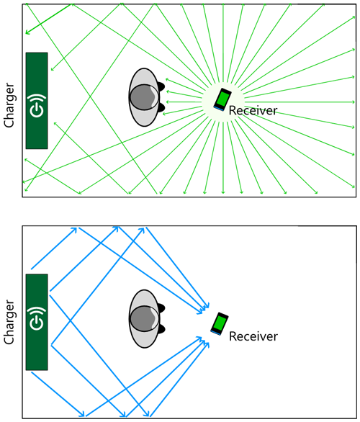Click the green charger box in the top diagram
37,100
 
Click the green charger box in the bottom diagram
37,322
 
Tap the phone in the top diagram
222,99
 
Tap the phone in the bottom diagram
220,323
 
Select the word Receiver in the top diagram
253,111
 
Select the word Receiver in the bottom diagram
253,336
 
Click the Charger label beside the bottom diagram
9,321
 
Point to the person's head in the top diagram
145,96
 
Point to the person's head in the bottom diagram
145,318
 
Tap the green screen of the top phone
223,97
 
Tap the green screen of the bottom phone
220,322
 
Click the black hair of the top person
161,87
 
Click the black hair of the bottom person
161,309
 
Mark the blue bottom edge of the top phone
217,109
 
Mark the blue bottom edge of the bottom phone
215,333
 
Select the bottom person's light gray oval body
143,338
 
